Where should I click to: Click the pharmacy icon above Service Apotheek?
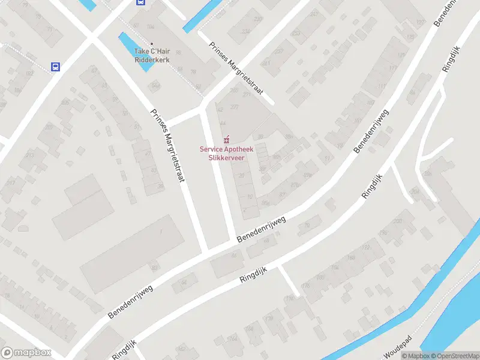tap(226, 139)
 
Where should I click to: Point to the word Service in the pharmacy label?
tap(211, 149)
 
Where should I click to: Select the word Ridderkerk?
tap(152, 59)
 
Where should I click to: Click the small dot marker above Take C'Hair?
tap(152, 44)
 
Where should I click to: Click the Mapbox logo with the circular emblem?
tap(26, 353)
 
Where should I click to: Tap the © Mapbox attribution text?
tap(414, 356)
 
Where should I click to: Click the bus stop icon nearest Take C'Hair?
tap(140, 2)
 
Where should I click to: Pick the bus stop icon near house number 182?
tap(56, 67)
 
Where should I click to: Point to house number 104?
tap(150, 28)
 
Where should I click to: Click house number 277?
tap(234, 107)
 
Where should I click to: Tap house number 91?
tap(327, 158)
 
